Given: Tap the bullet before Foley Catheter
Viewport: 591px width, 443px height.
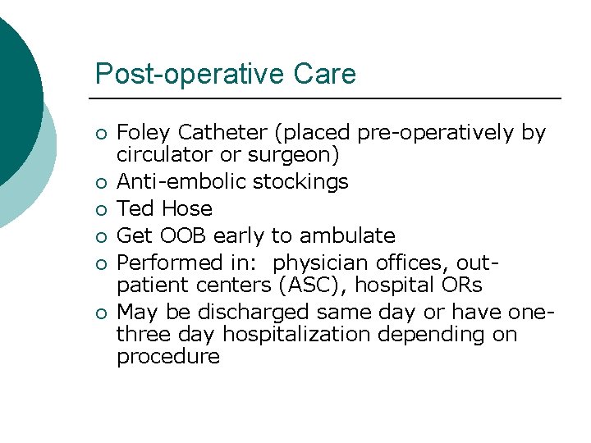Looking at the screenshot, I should (100, 134).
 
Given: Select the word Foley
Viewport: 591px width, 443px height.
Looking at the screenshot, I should (144, 133).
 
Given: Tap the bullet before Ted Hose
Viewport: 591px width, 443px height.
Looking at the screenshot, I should (100, 210).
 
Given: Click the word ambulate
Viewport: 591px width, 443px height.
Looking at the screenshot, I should (347, 236).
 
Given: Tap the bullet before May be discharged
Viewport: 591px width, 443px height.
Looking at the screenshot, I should (100, 313).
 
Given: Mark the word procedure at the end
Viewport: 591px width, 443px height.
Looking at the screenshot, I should (168, 357).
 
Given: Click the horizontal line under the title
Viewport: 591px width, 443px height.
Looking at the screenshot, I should (328, 98).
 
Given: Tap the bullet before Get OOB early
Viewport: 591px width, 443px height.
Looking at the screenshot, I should (100, 237).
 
